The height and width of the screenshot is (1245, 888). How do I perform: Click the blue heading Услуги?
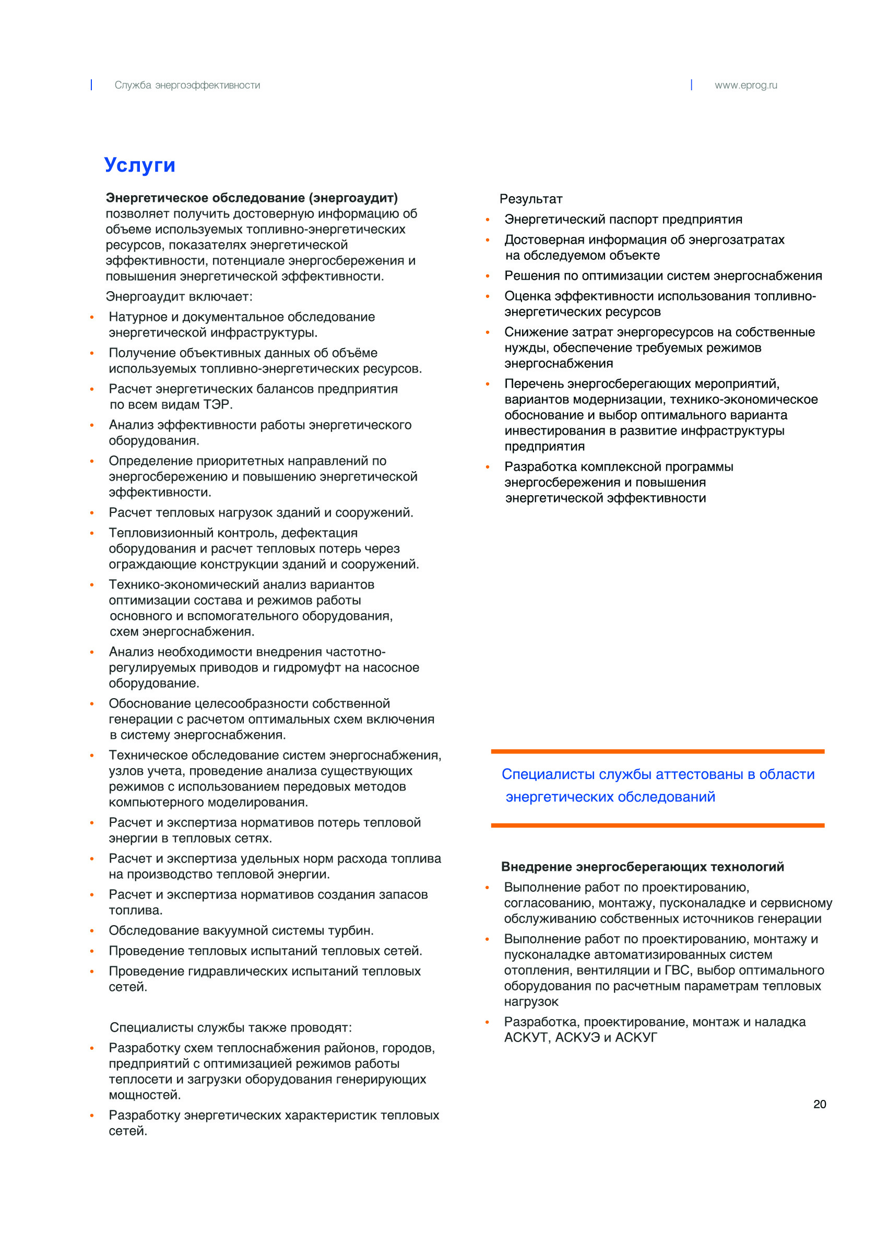coord(139,165)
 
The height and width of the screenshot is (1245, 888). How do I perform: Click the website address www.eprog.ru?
coord(745,85)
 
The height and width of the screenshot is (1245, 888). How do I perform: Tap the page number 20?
coord(819,1104)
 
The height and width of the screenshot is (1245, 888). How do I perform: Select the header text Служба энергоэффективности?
coord(187,85)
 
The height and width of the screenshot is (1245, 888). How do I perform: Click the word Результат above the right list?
coord(530,199)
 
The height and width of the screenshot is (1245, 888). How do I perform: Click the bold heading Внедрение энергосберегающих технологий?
coord(642,867)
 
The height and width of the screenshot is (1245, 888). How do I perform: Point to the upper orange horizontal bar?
coord(657,751)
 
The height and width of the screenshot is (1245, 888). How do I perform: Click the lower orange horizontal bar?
coord(657,825)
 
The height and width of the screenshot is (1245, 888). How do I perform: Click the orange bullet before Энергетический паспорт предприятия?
coord(487,220)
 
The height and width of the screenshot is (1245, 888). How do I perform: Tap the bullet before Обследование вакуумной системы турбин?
coord(92,931)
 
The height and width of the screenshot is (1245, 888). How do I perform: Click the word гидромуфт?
coord(309,667)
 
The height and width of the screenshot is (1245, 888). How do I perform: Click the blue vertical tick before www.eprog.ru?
coord(691,85)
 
